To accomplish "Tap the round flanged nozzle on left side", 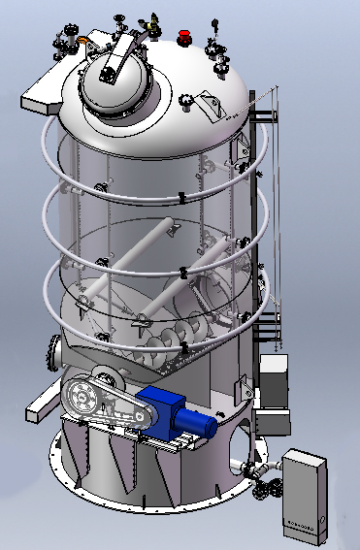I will (x=53, y=350).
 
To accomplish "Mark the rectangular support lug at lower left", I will (x=40, y=408).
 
